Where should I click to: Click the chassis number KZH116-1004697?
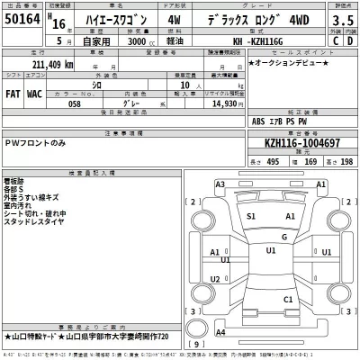(301, 143)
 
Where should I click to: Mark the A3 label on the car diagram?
(220, 184)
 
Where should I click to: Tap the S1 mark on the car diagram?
(252, 217)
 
